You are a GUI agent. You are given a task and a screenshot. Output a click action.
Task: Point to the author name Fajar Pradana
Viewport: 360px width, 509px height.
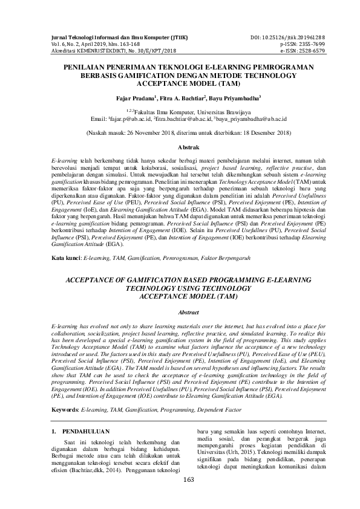[134, 97]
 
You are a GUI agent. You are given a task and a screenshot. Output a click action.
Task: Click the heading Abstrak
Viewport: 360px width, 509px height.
[180, 147]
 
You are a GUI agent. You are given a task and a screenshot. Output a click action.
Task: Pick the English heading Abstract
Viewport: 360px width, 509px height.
[180, 311]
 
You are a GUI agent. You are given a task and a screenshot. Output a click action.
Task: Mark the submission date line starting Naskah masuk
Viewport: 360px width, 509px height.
[180, 132]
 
